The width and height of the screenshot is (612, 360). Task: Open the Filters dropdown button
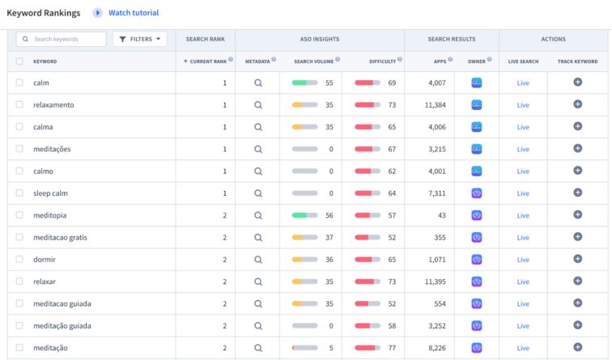coord(140,39)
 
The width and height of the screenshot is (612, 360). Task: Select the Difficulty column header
coord(382,61)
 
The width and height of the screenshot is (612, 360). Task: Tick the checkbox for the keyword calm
coord(19,83)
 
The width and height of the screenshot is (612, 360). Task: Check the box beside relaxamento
coord(19,105)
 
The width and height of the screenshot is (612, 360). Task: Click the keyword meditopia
coord(50,215)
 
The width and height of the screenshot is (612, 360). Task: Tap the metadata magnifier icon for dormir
coord(258,260)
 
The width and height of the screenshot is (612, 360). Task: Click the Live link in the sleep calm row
coord(523,193)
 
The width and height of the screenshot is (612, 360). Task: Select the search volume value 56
coord(329,215)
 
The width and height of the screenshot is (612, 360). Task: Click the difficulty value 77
coord(392,348)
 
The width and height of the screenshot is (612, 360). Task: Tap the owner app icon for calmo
coord(477,171)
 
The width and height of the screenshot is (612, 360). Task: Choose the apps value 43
coord(440,215)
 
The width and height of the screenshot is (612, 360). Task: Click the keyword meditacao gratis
coord(60,238)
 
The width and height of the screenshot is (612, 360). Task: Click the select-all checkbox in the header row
coord(19,61)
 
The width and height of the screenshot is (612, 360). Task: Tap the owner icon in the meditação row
coord(477,348)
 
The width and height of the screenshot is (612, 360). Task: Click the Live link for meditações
coord(523,149)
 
